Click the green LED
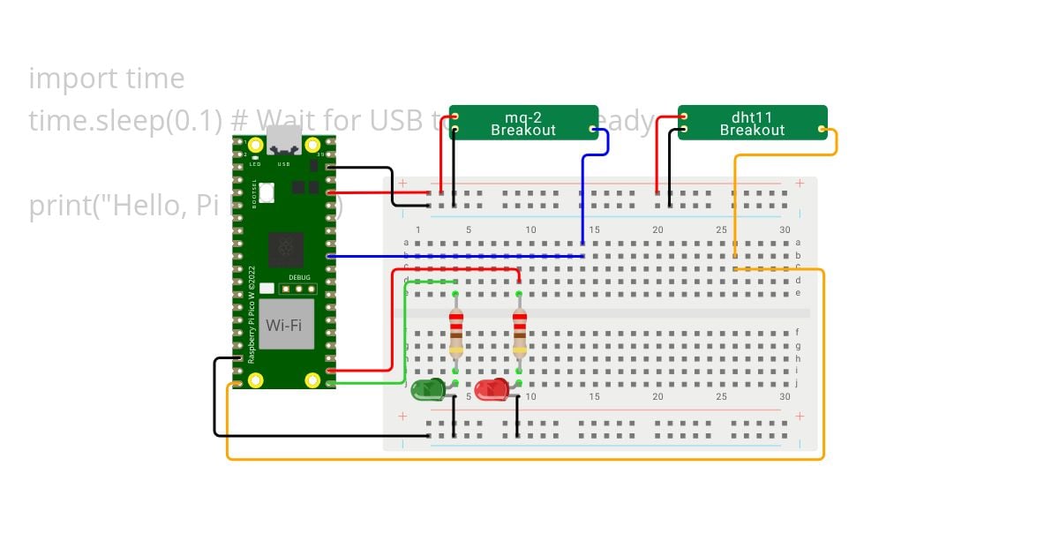point(428,389)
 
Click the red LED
point(492,389)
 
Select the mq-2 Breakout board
point(523,124)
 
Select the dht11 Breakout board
point(752,124)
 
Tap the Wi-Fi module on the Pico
point(286,325)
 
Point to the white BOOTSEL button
point(267,192)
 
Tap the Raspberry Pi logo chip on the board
point(286,250)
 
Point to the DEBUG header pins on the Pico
point(299,288)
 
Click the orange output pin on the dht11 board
point(822,130)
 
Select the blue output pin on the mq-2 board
point(593,130)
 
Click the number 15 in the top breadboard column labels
point(594,230)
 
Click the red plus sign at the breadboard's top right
point(800,184)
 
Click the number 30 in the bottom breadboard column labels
point(785,397)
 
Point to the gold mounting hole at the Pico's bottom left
point(255,380)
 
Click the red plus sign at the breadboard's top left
point(403,184)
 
